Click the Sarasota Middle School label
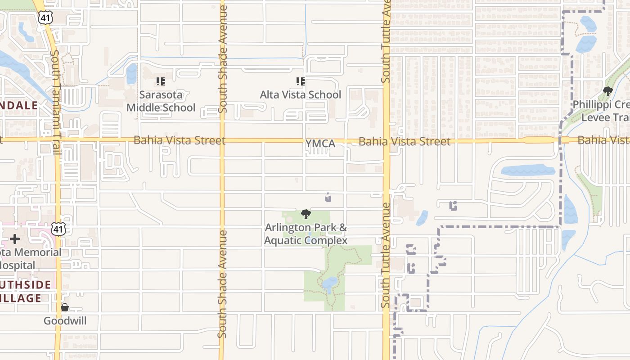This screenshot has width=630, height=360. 161,101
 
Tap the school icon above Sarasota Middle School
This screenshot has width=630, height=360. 161,81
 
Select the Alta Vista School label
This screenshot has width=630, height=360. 301,95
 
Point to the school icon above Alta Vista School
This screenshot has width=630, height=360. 300,81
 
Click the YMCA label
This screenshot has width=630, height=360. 320,144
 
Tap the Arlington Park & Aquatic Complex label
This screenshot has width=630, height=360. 306,234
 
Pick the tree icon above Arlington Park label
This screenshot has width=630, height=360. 306,214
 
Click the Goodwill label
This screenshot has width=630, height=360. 65,321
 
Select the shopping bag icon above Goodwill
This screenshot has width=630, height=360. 65,308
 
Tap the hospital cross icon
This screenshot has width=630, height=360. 15,239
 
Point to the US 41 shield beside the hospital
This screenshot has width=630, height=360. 58,229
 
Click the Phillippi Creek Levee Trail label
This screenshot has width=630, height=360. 601,111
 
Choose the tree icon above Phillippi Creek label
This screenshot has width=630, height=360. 608,91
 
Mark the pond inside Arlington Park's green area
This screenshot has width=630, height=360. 330,283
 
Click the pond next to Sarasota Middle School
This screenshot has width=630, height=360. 131,73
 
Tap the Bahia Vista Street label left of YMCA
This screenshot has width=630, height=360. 179,140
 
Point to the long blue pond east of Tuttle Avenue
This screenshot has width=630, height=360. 527,171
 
